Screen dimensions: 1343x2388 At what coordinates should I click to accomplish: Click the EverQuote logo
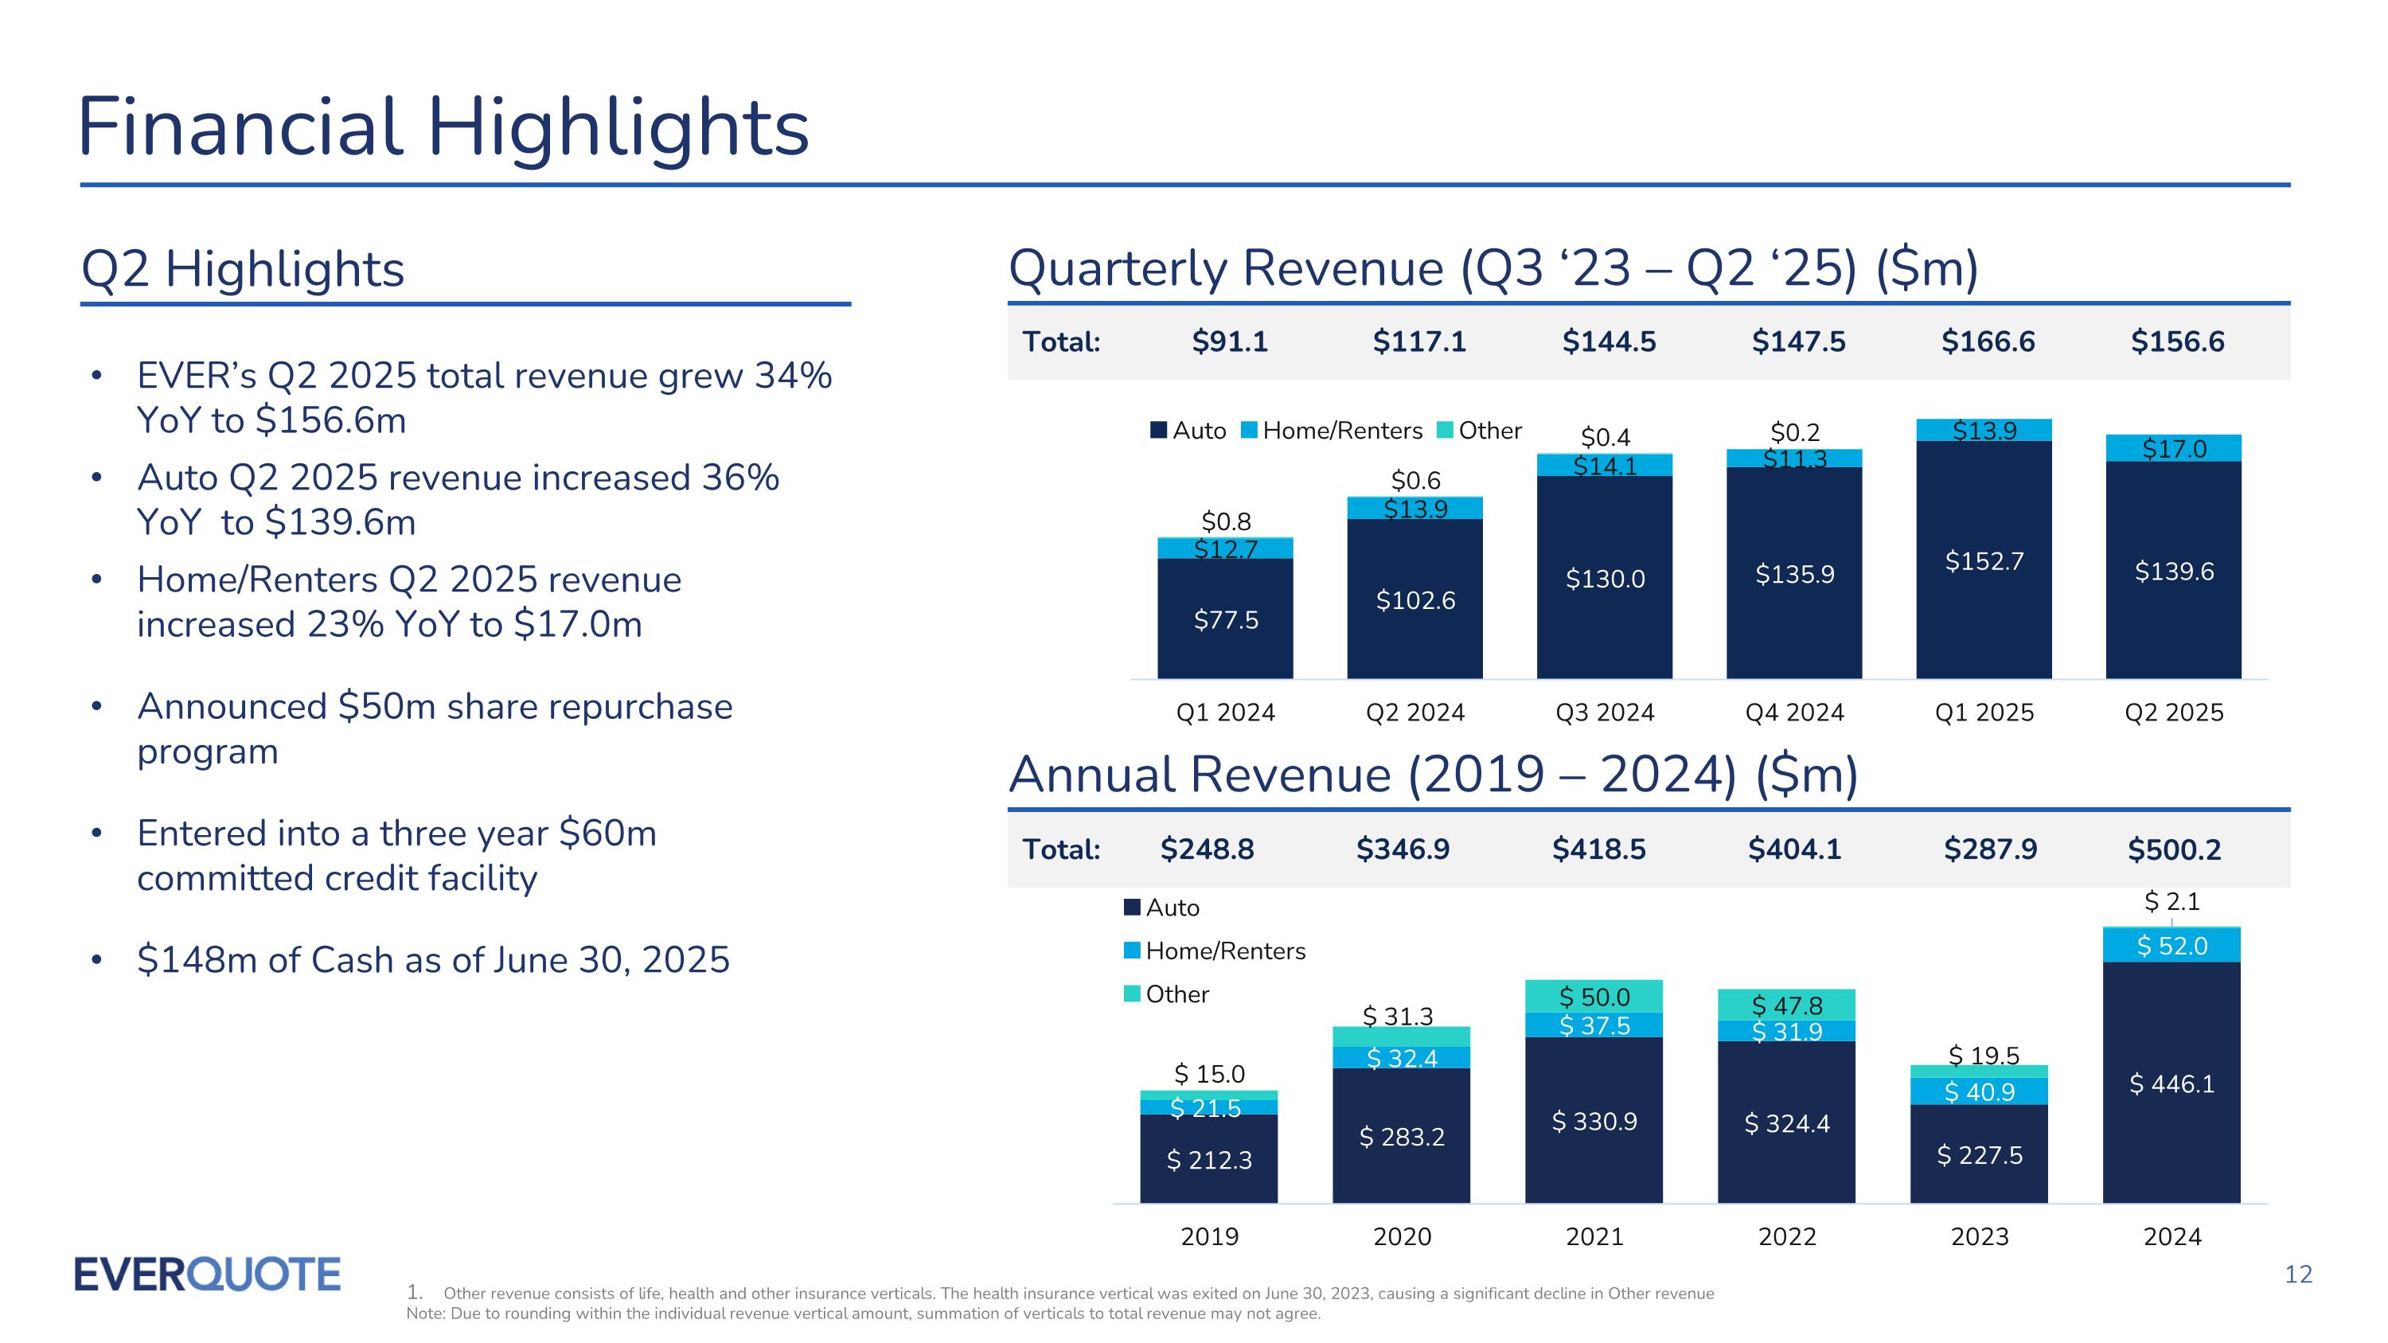(x=207, y=1275)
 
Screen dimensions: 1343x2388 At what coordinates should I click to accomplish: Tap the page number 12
(x=2298, y=1275)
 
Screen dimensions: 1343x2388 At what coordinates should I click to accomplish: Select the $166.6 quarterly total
(x=1988, y=342)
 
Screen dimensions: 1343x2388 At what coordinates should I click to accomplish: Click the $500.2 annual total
(x=2174, y=850)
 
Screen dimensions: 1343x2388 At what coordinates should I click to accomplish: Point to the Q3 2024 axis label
(x=1605, y=712)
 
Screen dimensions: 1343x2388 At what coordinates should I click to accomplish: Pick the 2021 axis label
(x=1594, y=1236)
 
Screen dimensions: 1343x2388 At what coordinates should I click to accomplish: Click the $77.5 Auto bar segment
(x=1226, y=619)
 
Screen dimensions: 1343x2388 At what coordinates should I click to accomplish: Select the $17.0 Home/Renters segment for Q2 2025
(x=2174, y=448)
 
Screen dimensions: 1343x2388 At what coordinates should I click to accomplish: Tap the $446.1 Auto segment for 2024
(x=2171, y=1083)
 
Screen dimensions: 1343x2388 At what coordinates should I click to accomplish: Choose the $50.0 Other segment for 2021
(x=1594, y=997)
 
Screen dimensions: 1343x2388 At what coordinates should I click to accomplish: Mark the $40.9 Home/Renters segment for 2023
(x=1979, y=1091)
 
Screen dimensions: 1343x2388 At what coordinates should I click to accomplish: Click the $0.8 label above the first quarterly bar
(x=1226, y=521)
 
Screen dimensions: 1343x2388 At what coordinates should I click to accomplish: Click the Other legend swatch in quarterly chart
(x=1444, y=430)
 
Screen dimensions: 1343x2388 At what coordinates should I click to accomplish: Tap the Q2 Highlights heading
(x=243, y=270)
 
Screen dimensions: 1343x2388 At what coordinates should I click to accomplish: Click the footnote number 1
(x=415, y=1293)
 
